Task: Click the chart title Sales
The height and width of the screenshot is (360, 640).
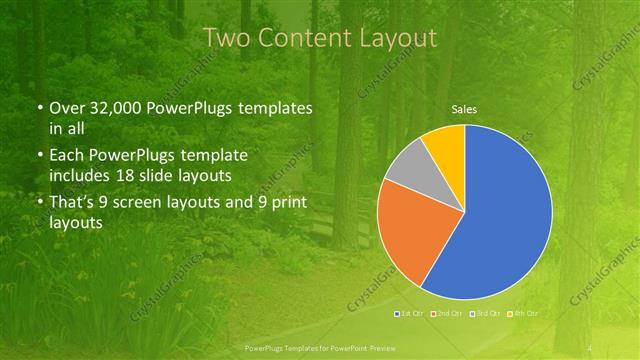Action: coord(464,108)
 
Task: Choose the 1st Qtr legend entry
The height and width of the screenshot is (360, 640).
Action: coord(408,314)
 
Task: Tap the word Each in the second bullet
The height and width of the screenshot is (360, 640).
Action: coord(68,156)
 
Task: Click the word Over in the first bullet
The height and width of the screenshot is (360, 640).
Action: coord(69,108)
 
